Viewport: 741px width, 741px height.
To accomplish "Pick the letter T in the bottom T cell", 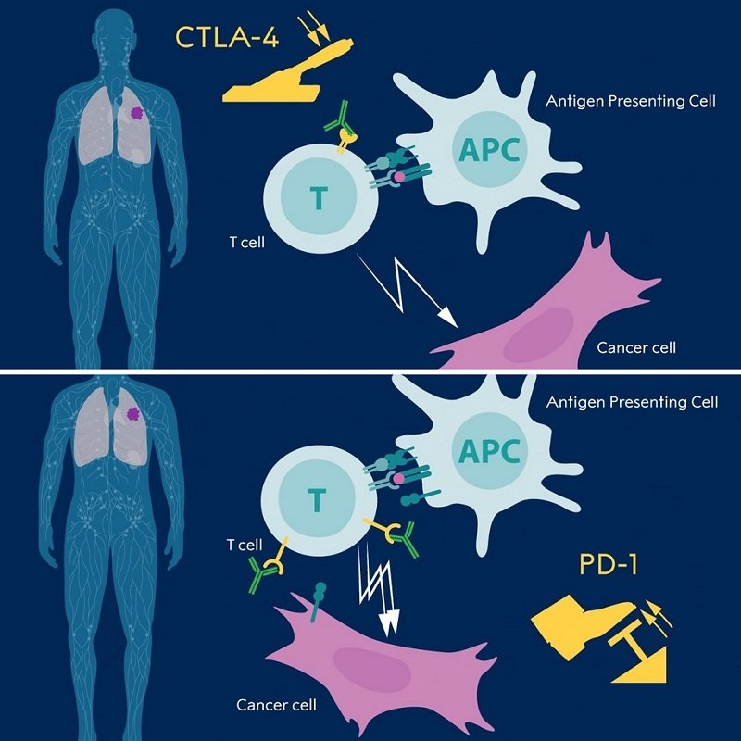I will [318, 501].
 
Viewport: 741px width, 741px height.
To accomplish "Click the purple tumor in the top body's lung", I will [136, 112].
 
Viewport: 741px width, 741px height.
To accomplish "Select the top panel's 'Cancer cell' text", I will [636, 348].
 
